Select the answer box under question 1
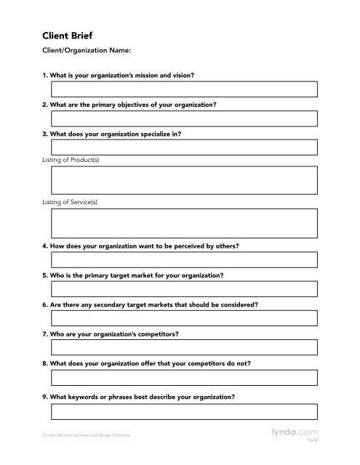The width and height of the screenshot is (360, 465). pyautogui.click(x=183, y=89)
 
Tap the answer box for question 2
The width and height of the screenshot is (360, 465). pyautogui.click(x=183, y=118)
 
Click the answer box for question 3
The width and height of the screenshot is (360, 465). pyautogui.click(x=183, y=147)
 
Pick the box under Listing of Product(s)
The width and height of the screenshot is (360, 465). pyautogui.click(x=183, y=180)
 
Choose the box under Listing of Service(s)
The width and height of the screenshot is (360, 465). pyautogui.click(x=183, y=223)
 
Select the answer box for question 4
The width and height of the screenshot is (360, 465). pyautogui.click(x=183, y=260)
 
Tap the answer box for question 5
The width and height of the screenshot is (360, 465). pyautogui.click(x=183, y=289)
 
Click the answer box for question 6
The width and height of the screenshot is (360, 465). pyautogui.click(x=183, y=318)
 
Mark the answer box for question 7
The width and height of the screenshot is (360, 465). pyautogui.click(x=183, y=347)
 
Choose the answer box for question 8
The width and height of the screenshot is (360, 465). pyautogui.click(x=183, y=376)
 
